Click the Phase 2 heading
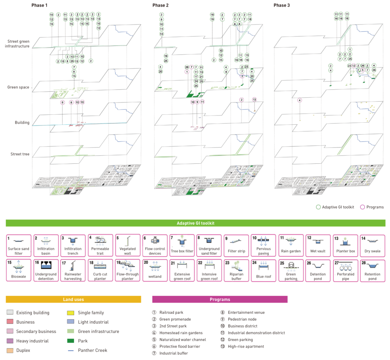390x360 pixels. click(160, 5)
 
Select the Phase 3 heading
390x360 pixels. click(281, 5)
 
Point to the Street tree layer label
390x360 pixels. click(20, 154)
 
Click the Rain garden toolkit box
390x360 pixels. click(291, 246)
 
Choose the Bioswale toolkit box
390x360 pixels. click(18, 270)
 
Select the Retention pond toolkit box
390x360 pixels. click(372, 270)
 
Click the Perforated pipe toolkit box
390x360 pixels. click(345, 270)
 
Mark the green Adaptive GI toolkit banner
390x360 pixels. click(195, 223)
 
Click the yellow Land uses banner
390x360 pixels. click(73, 299)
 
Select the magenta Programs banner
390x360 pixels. click(220, 299)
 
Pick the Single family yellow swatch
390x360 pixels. click(71, 313)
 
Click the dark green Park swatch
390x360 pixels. click(71, 341)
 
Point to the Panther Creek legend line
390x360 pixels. click(71, 350)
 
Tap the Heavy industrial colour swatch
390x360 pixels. click(10, 341)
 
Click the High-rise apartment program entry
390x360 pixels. click(243, 347)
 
